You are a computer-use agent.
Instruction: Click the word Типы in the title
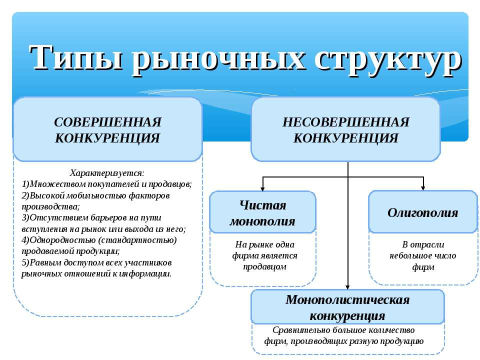pos(76,57)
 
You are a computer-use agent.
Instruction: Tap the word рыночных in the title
pos(218,59)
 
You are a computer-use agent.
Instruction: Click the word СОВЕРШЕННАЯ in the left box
pos(108,122)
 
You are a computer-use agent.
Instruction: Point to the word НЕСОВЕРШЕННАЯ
pos(345,122)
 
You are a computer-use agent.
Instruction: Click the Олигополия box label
pos(423,212)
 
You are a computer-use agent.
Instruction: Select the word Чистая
pos(262,205)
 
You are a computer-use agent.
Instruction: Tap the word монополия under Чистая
pos(262,221)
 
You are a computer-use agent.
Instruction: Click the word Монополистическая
pos(347,299)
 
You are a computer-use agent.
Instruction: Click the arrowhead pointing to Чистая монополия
pos(262,188)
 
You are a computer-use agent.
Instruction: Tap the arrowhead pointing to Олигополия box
pos(423,187)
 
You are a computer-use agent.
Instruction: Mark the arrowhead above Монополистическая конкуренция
pos(347,287)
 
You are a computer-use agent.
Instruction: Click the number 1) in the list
pos(25,184)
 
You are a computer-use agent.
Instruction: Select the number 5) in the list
pos(25,262)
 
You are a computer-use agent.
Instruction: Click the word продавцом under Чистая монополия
pos(265,267)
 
